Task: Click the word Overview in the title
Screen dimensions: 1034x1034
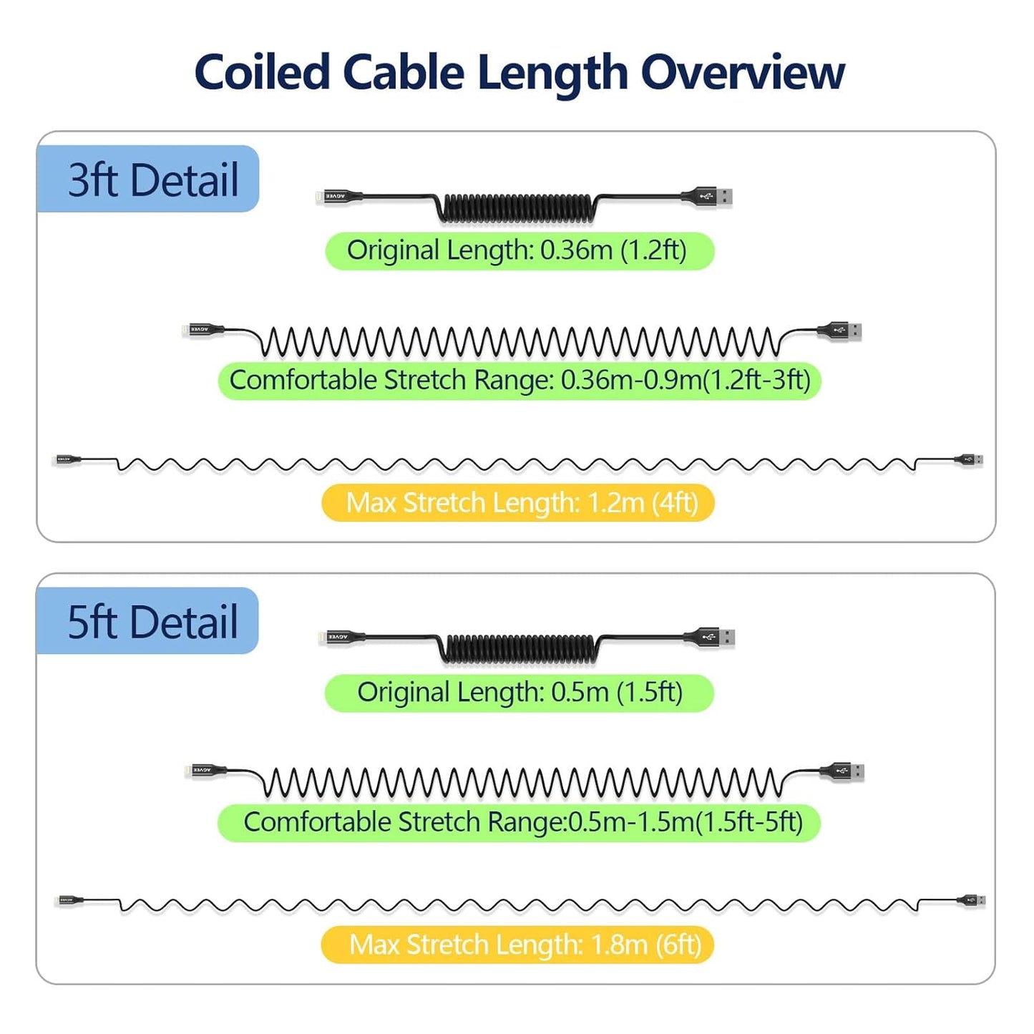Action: (x=742, y=73)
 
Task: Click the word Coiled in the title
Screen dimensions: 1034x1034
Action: (x=262, y=73)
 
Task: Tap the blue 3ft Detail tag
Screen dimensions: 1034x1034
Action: (x=148, y=179)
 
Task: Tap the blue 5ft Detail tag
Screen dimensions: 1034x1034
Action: (x=148, y=621)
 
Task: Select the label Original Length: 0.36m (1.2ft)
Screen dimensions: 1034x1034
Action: (x=520, y=251)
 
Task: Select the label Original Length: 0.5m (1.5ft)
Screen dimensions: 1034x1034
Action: (x=520, y=693)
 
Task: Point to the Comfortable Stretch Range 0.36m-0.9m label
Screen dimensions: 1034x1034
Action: (x=520, y=380)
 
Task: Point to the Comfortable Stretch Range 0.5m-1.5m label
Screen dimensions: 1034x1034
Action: (x=520, y=822)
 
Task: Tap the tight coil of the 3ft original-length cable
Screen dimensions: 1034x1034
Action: (x=517, y=208)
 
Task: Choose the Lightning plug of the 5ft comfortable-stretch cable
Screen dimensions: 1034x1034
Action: (x=205, y=771)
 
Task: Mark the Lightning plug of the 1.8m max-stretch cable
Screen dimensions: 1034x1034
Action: (x=69, y=899)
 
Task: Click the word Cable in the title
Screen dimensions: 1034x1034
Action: (x=404, y=73)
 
